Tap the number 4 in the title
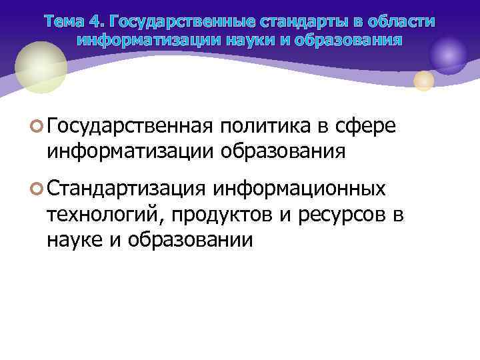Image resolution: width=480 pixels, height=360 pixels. point(97,21)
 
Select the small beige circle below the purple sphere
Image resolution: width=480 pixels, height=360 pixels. point(424,81)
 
